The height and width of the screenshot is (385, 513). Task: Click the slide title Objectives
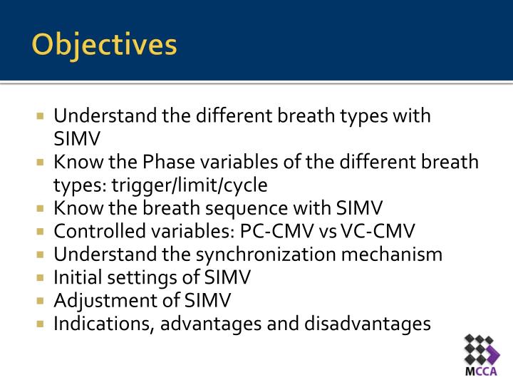(x=104, y=45)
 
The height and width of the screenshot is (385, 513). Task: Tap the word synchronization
(x=295, y=255)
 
